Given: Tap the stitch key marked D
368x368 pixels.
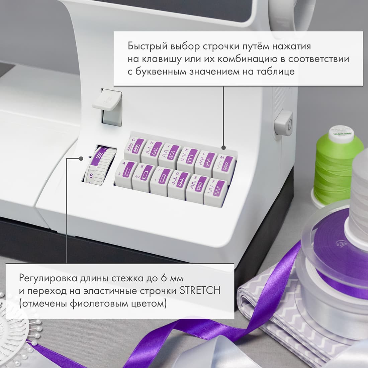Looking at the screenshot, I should [x=178, y=182].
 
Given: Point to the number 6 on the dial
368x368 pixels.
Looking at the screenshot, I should [x=91, y=175].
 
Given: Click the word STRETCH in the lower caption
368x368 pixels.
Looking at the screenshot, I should [x=200, y=290].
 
